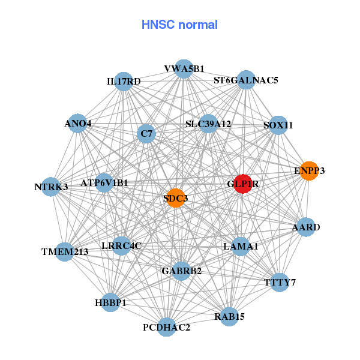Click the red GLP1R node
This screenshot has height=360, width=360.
click(242, 184)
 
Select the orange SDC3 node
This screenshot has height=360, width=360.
click(175, 198)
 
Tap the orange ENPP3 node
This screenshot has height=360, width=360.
click(308, 171)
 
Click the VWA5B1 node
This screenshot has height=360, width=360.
click(184, 68)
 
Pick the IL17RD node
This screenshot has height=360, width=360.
click(123, 81)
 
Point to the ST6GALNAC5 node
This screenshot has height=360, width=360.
click(246, 80)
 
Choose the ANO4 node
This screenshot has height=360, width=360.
click(78, 124)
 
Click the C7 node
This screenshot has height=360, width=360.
click(146, 133)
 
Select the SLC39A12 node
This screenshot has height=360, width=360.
click(208, 124)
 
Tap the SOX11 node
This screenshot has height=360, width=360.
click(278, 125)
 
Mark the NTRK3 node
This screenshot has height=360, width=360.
click(52, 187)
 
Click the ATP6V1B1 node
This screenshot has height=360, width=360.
click(104, 182)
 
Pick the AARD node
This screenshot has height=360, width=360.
click(306, 227)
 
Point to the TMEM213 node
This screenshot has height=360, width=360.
click(65, 251)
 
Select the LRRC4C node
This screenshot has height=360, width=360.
click(121, 245)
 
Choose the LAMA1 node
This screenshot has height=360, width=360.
click(241, 246)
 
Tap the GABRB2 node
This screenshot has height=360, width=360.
click(181, 271)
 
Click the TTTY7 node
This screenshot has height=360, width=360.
click(280, 282)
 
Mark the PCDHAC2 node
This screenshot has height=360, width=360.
click(167, 327)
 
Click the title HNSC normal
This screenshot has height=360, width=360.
click(179, 25)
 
